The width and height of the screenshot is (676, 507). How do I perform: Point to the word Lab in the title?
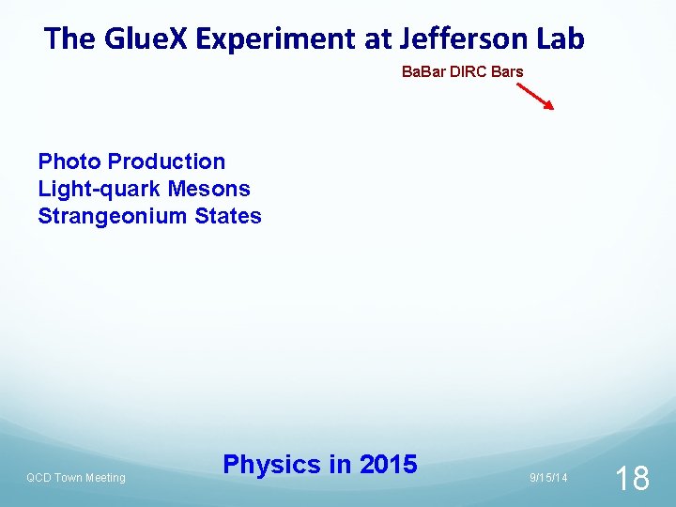561,39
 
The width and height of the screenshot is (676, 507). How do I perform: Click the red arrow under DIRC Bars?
536,95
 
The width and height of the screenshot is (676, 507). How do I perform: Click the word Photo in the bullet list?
69,162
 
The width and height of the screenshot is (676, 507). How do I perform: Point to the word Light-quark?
94,189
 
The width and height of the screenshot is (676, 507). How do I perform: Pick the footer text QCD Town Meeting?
75,478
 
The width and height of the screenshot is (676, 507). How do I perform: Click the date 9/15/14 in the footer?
548,478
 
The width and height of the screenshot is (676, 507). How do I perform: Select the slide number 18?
632,479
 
